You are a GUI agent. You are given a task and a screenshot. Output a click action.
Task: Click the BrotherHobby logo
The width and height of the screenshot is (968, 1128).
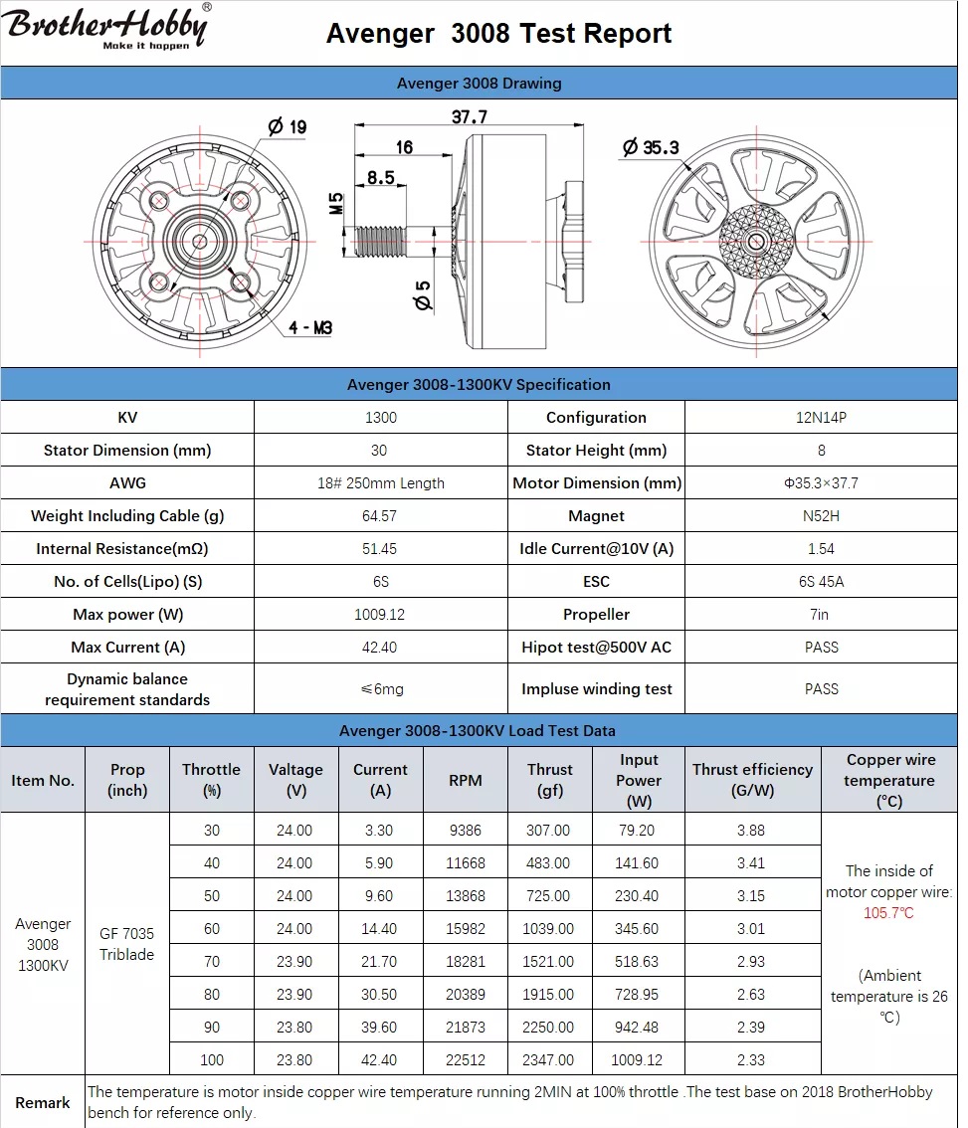(106, 27)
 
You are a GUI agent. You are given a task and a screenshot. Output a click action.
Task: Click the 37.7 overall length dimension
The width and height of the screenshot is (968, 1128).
(469, 116)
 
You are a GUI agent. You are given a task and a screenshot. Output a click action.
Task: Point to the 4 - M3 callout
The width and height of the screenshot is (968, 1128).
(311, 327)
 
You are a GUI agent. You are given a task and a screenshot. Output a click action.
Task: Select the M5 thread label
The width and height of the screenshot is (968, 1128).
(336, 204)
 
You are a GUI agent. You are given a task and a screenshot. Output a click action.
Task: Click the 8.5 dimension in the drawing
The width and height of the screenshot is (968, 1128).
(380, 178)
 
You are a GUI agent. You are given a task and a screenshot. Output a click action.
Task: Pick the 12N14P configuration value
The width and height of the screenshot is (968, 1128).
(821, 418)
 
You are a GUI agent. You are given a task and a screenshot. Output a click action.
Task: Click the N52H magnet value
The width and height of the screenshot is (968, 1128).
(821, 516)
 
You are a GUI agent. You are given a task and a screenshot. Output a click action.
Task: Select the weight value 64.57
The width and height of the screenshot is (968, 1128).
(379, 516)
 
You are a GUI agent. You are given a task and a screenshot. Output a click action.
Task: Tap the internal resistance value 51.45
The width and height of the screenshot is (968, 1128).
(379, 549)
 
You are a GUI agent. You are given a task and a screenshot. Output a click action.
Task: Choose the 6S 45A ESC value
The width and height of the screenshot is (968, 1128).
(821, 582)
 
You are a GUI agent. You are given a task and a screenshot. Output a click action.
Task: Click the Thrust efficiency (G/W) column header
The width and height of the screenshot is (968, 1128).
(752, 780)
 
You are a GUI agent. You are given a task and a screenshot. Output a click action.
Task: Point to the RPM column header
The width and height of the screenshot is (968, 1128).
(465, 781)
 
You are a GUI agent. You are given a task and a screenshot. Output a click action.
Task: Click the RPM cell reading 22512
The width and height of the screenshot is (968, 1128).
(465, 1060)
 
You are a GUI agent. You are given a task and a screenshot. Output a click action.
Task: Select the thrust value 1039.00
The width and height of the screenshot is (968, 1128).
(548, 929)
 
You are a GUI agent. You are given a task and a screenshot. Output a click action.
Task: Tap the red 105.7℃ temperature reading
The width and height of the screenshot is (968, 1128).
(888, 913)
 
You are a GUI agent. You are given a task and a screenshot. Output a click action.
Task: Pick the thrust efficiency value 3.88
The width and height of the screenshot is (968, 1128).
(751, 831)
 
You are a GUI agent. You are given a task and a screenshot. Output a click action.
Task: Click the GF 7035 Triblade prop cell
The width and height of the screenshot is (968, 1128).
(126, 944)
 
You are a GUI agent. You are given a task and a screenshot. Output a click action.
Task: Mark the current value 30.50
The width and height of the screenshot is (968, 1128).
(380, 995)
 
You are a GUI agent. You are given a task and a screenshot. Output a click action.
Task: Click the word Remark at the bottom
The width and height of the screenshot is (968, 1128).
(43, 1103)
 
